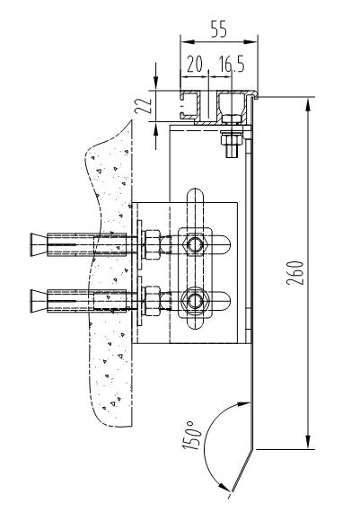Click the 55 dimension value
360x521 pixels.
[219, 29]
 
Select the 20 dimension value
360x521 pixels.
[195, 64]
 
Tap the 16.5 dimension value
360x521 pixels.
[232, 64]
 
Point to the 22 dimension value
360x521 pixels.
[144, 106]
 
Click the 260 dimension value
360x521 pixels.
[295, 273]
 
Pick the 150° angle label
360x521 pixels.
[192, 436]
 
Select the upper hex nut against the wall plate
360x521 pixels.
[153, 245]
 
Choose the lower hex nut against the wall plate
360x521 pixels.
[153, 301]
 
